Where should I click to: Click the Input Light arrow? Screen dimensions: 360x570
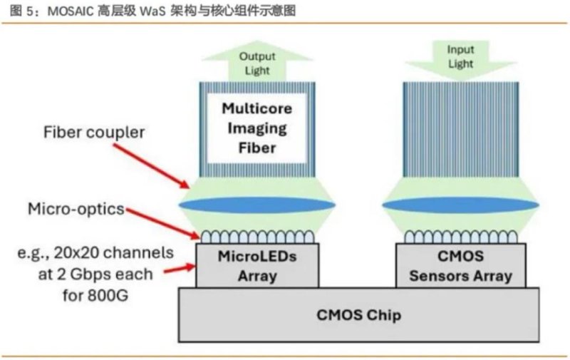[x=460, y=57]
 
